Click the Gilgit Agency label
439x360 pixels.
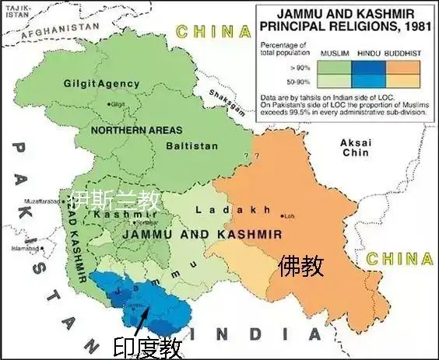pos(102,83)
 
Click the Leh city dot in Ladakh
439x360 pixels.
pos(283,215)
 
